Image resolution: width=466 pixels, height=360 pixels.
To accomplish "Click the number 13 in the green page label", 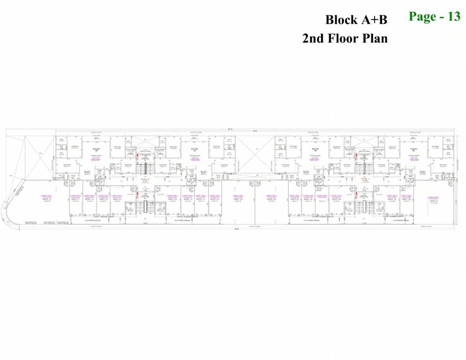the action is pyautogui.click(x=453, y=16).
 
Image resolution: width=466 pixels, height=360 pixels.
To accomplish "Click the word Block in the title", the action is pyautogui.click(x=341, y=20).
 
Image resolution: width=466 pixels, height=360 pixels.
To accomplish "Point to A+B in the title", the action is pyautogui.click(x=374, y=20).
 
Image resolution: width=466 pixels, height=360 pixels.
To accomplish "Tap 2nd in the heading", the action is pyautogui.click(x=314, y=38).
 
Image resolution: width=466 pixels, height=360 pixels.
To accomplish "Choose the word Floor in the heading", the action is pyautogui.click(x=345, y=38).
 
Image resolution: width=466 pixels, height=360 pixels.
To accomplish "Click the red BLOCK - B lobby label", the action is pyautogui.click(x=145, y=179).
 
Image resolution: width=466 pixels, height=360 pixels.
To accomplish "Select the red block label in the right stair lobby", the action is pyautogui.click(x=363, y=179).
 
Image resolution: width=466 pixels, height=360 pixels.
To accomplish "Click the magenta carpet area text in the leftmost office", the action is pyautogui.click(x=46, y=196).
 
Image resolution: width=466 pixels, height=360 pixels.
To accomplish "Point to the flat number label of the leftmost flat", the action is pyautogui.click(x=97, y=150).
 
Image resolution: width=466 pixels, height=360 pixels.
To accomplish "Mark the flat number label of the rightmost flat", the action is pyautogui.click(x=413, y=150).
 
